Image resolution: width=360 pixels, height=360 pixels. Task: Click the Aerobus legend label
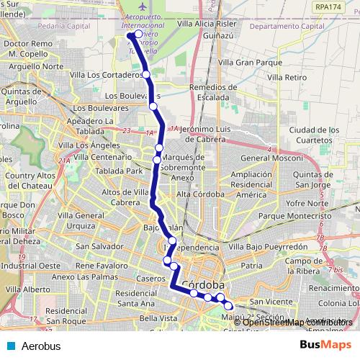pyautogui.click(x=40, y=346)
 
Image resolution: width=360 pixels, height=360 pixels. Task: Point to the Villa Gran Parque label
pyautogui.click(x=249, y=63)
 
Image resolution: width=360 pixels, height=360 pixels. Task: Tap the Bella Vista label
pyautogui.click(x=158, y=318)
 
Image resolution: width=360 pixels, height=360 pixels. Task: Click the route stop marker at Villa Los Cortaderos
pyautogui.click(x=145, y=74)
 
